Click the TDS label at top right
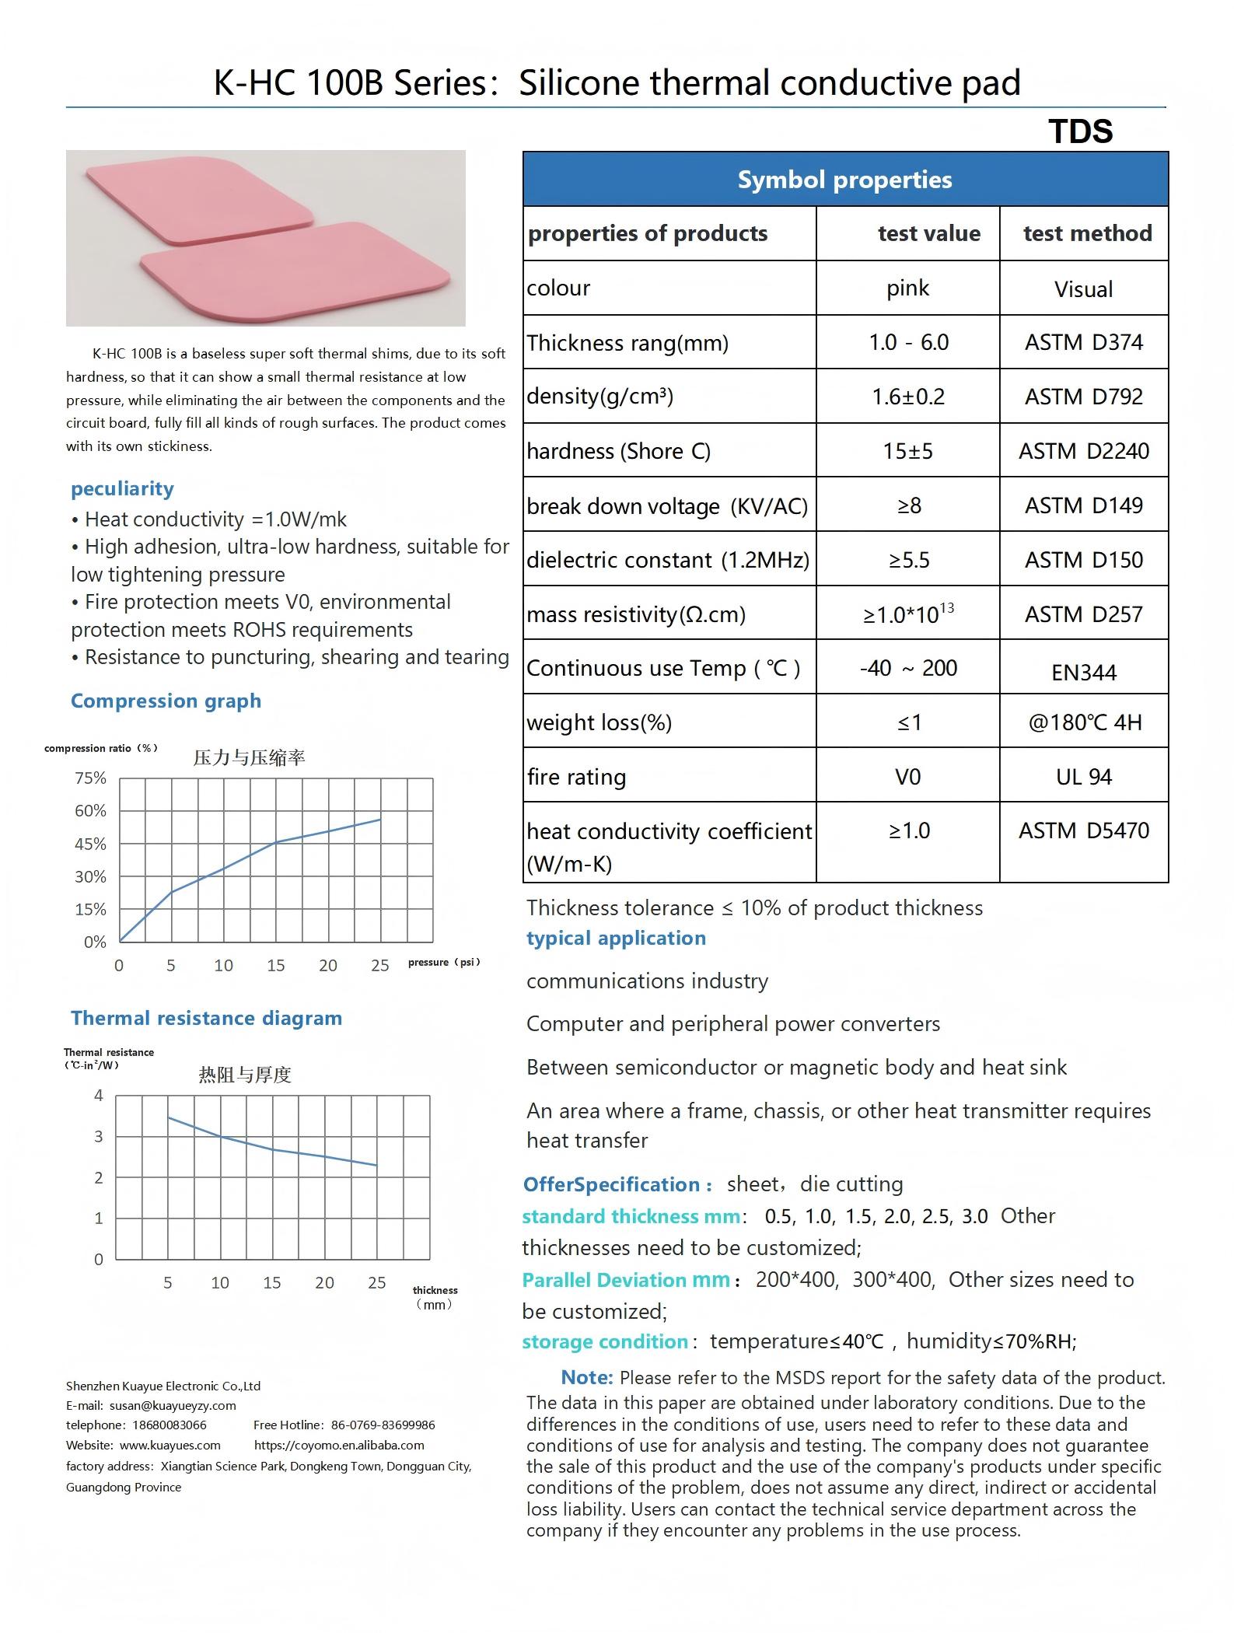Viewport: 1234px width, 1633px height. pyautogui.click(x=1080, y=131)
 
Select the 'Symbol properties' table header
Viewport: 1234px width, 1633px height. pyautogui.click(x=844, y=180)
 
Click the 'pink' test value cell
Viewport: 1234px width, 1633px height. pyautogui.click(x=907, y=288)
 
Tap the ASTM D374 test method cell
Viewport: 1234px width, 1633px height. pyautogui.click(x=1083, y=343)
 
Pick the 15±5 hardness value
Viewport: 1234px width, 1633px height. pyautogui.click(x=907, y=451)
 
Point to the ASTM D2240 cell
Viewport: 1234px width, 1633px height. pyautogui.click(x=1083, y=451)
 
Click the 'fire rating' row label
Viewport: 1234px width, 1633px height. pyautogui.click(x=576, y=777)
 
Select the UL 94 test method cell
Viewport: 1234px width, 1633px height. pyautogui.click(x=1083, y=777)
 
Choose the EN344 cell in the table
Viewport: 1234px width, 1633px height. pyautogui.click(x=1083, y=672)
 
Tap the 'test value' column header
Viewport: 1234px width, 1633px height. pyautogui.click(x=928, y=233)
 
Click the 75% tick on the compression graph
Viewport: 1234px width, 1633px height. pyautogui.click(x=90, y=778)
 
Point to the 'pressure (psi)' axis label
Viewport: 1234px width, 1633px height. pyautogui.click(x=444, y=963)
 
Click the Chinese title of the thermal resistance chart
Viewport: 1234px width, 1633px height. pyautogui.click(x=245, y=1075)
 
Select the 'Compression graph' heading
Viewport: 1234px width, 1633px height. pyautogui.click(x=166, y=701)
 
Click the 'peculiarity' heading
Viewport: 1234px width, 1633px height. pyautogui.click(x=122, y=488)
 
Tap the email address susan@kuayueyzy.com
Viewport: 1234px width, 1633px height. pyautogui.click(x=173, y=1405)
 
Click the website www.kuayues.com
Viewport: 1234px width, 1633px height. pyautogui.click(x=170, y=1445)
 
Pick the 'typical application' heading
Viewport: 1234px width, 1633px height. pyautogui.click(x=616, y=938)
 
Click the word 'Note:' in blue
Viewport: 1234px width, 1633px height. pyautogui.click(x=587, y=1377)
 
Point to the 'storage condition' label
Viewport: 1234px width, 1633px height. pyautogui.click(x=605, y=1341)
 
